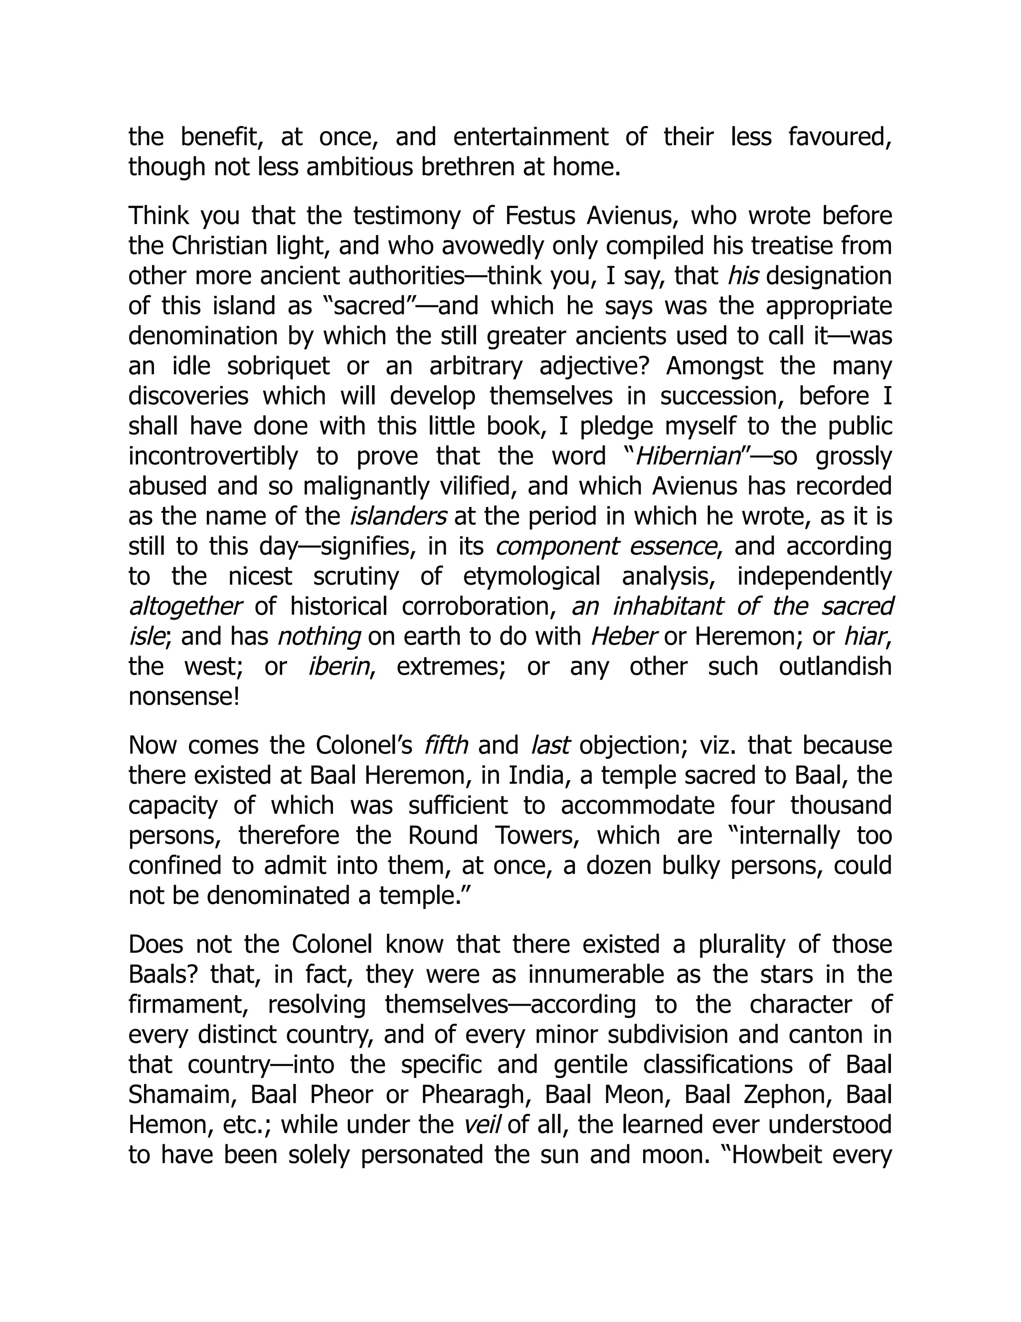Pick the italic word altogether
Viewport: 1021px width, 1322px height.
[185, 607]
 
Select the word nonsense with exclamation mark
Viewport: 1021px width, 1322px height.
[184, 697]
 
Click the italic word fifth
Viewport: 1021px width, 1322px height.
[446, 745]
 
